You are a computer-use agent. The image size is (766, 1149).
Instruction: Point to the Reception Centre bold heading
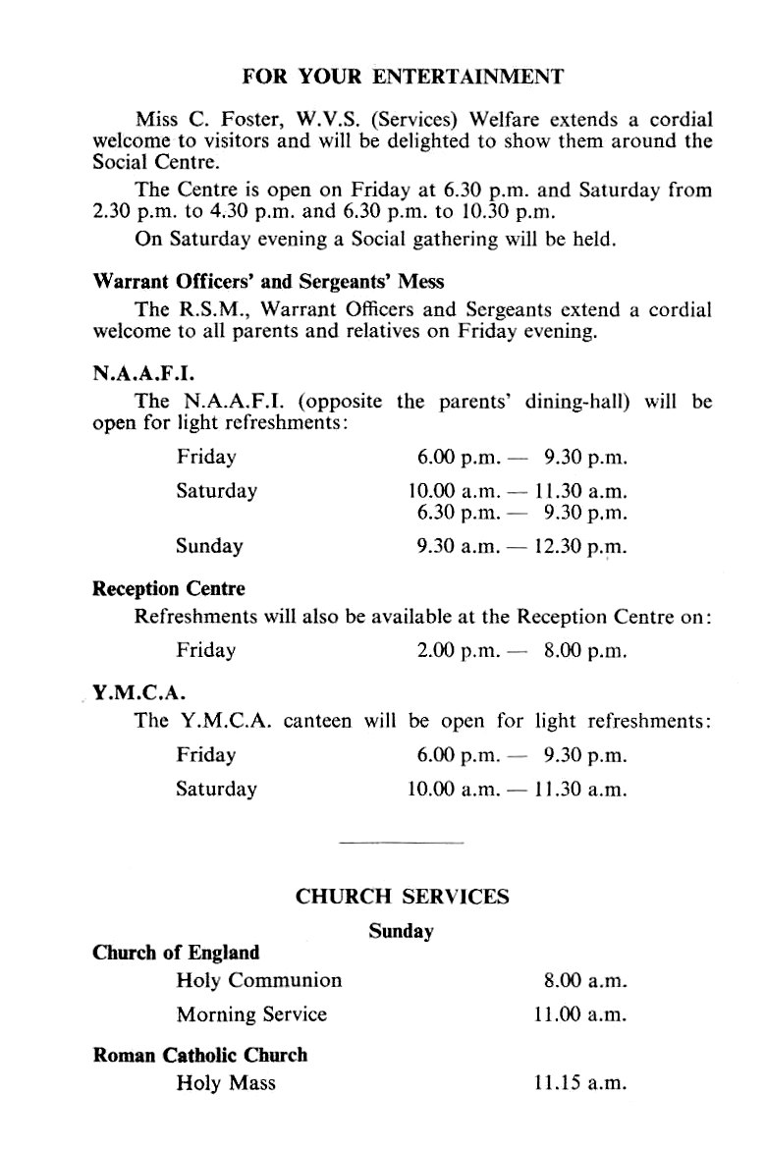[x=169, y=589]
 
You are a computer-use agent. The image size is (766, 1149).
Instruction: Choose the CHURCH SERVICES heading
[x=403, y=896]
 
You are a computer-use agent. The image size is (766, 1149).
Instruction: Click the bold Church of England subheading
[x=176, y=952]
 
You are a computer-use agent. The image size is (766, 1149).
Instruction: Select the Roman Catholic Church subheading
[x=199, y=1055]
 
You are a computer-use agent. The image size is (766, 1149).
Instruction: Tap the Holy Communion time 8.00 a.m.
[x=584, y=980]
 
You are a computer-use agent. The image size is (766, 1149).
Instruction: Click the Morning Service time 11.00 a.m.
[x=579, y=1013]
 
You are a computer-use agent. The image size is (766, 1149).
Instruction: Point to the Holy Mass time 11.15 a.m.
[x=579, y=1083]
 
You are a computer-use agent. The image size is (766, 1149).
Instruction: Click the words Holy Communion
[x=259, y=980]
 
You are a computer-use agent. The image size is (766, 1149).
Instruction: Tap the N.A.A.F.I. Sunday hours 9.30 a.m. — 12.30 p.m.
[x=521, y=546]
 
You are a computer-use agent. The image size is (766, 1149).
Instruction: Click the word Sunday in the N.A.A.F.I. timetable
[x=210, y=546]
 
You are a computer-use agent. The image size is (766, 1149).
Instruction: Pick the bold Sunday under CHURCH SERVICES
[x=401, y=931]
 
